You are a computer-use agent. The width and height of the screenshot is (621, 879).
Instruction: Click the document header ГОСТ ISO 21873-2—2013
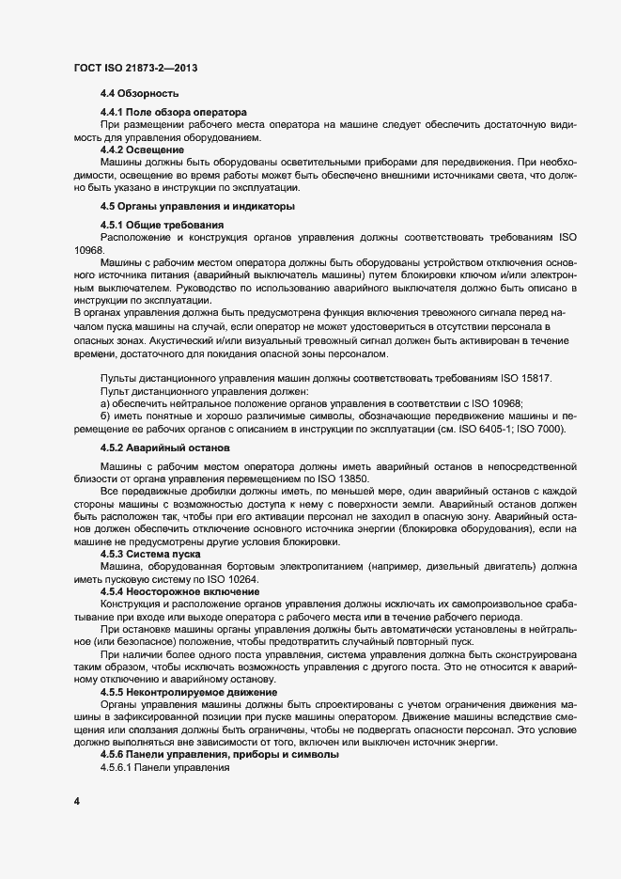[133, 69]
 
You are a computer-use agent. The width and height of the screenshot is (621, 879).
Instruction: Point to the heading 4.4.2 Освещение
[142, 149]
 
